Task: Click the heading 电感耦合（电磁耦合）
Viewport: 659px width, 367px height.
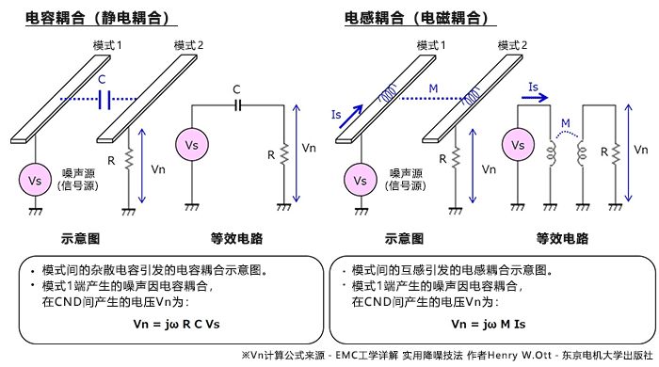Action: [x=415, y=17]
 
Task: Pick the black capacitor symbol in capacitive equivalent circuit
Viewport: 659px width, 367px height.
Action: [x=237, y=105]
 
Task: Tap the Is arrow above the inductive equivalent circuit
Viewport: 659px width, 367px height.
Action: [x=533, y=95]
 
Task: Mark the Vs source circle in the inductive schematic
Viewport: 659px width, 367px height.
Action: [x=357, y=178]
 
